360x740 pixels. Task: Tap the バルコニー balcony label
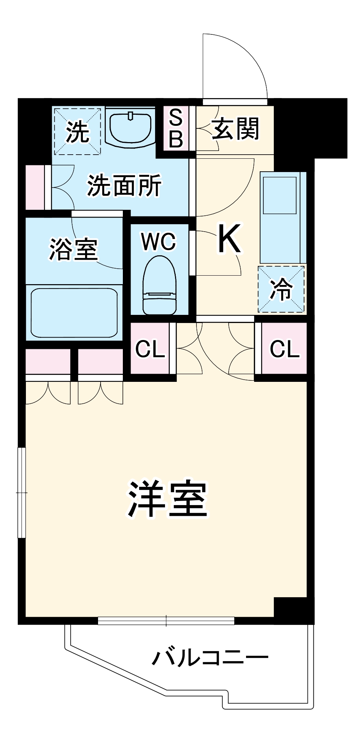(210, 657)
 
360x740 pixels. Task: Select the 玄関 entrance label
(235, 129)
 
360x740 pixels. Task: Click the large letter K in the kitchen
(229, 239)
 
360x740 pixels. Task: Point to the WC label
(159, 242)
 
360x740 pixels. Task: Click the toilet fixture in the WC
(159, 286)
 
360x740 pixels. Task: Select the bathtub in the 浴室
(74, 313)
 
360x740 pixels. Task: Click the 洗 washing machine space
(77, 131)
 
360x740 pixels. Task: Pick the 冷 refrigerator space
(281, 289)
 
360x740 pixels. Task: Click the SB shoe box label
(176, 128)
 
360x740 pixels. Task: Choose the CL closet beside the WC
(150, 349)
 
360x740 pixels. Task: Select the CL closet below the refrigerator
(284, 349)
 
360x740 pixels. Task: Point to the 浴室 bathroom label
(74, 249)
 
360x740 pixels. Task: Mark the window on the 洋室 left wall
(22, 492)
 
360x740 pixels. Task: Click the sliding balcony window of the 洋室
(166, 620)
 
